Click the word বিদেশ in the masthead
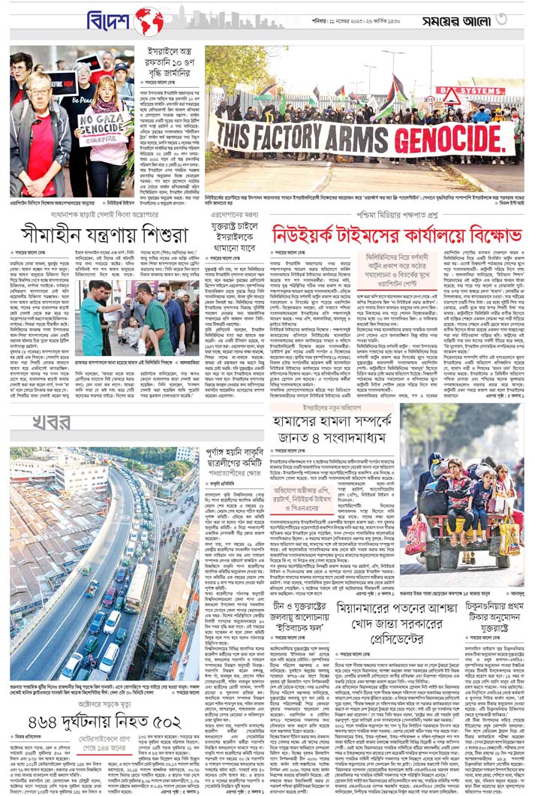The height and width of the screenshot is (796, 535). [x=110, y=20]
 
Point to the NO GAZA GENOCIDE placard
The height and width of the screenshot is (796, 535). [x=101, y=128]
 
